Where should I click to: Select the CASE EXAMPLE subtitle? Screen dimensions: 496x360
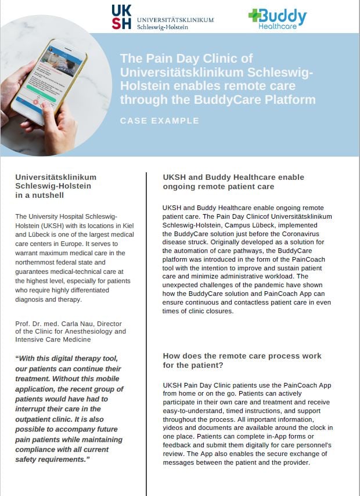point(159,121)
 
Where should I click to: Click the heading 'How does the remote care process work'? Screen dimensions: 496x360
point(242,356)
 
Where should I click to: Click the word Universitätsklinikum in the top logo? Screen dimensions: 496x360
point(175,20)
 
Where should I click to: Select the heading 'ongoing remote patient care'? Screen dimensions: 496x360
point(218,187)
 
